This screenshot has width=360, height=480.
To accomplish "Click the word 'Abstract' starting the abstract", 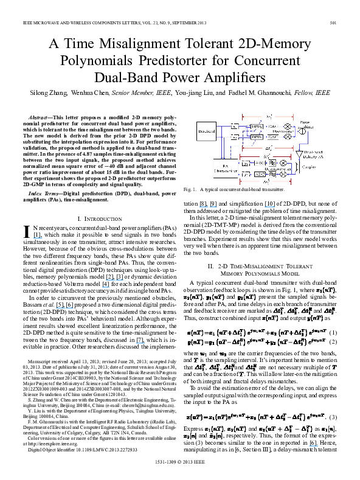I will pyautogui.click(x=40, y=116).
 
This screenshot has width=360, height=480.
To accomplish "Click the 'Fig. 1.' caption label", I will pyautogui.click(x=190, y=190).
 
